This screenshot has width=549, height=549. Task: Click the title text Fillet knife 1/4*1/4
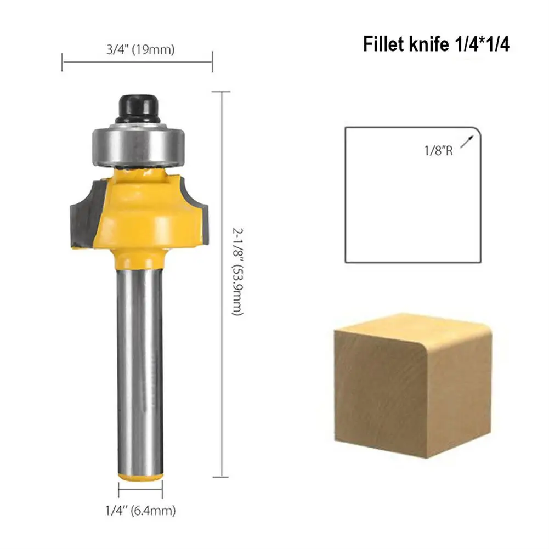click(436, 44)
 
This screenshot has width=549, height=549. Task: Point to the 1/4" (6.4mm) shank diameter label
click(140, 511)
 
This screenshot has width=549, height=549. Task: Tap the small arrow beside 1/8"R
click(466, 142)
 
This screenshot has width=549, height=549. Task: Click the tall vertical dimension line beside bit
click(221, 285)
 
